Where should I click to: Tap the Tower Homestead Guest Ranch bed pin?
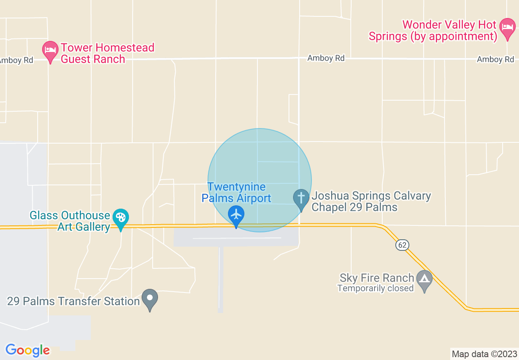point(50,51)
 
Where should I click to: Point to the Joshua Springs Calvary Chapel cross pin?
point(301,199)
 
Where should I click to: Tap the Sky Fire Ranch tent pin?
point(424,279)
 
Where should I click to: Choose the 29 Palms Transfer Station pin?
point(150,298)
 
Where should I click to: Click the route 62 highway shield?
point(402,245)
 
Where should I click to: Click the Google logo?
point(28,350)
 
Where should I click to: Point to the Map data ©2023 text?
point(483,354)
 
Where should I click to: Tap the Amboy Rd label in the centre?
point(326,58)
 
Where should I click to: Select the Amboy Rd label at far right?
point(495,59)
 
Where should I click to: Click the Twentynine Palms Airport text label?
point(237,193)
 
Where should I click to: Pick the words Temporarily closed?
point(375,288)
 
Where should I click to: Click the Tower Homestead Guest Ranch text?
point(107,53)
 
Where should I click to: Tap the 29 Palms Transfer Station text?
point(74,301)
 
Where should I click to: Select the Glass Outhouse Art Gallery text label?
point(70,221)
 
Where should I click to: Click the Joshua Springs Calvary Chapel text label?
point(371,201)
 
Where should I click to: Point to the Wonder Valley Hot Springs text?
point(433,31)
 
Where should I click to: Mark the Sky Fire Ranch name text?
point(377,278)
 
